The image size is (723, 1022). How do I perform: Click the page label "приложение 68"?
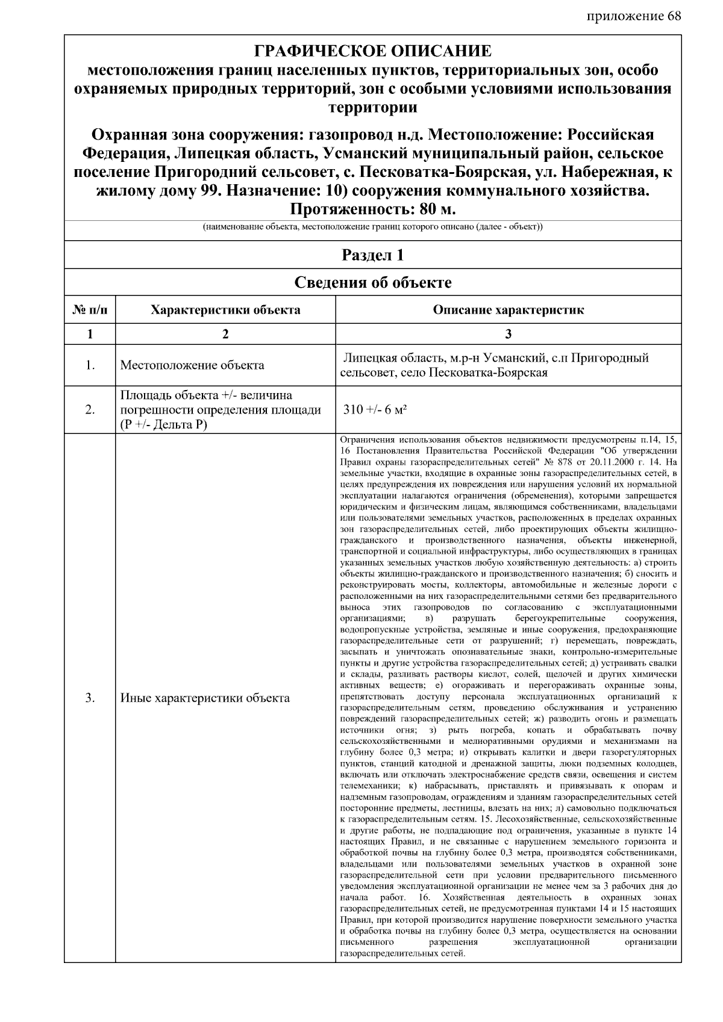(x=633, y=16)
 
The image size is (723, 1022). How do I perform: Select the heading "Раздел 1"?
(x=372, y=255)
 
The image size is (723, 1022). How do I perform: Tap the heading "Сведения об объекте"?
(x=372, y=282)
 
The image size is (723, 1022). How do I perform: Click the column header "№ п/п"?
(x=90, y=311)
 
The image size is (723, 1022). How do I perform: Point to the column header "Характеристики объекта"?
(x=225, y=311)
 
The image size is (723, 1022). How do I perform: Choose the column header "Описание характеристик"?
(x=508, y=311)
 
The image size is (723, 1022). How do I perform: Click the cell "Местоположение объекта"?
(x=192, y=365)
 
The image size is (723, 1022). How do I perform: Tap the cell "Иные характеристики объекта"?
(x=205, y=698)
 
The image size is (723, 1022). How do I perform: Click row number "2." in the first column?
(x=90, y=410)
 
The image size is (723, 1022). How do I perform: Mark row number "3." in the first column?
(x=90, y=698)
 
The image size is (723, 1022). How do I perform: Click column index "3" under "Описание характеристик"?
(x=508, y=334)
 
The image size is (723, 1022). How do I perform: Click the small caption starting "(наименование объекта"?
(x=372, y=228)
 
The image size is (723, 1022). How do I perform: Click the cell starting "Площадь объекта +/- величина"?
(x=207, y=395)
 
